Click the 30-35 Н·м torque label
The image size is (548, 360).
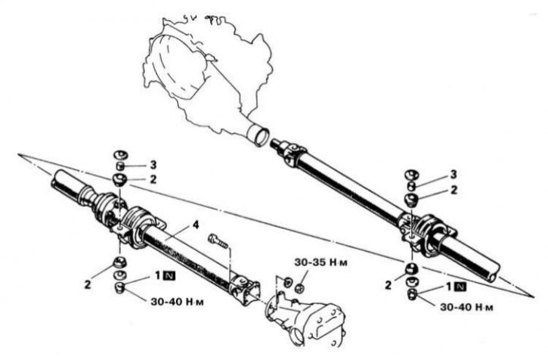pos(320,262)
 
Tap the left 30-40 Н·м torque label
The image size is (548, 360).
pos(177,301)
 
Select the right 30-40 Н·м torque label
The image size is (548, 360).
pos(466,307)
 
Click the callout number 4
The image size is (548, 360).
pos(196,225)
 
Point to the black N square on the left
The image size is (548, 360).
pos(169,276)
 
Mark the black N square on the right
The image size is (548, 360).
pos(460,287)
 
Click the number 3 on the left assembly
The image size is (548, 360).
pos(153,165)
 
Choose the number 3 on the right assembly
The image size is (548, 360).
pos(454,174)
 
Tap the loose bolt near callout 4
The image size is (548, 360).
pos(218,240)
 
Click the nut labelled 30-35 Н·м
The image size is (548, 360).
pos(299,289)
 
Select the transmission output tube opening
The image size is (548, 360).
pos(262,136)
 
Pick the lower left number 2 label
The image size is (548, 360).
pos(87,284)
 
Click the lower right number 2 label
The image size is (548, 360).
pos(388,285)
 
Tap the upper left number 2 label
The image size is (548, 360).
pos(153,179)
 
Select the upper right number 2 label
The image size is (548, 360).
pos(454,190)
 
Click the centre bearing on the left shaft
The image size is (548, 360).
pos(140,228)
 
